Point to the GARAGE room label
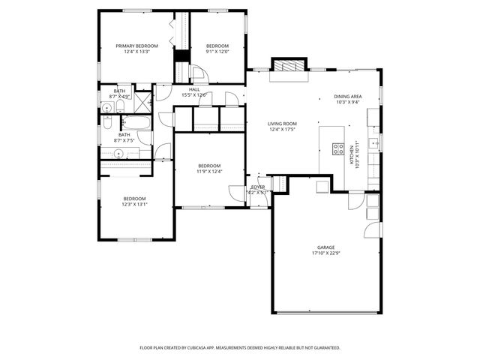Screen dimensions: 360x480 coord(325,247)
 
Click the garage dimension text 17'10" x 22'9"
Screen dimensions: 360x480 coord(325,253)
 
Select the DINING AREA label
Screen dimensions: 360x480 coord(348,97)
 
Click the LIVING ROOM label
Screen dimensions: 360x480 coord(283,124)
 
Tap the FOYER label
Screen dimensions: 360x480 coord(257,187)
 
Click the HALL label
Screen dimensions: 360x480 coord(194,89)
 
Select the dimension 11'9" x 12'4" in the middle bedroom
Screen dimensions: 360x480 coord(209,172)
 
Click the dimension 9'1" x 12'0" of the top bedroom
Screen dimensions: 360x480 coord(217,52)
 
